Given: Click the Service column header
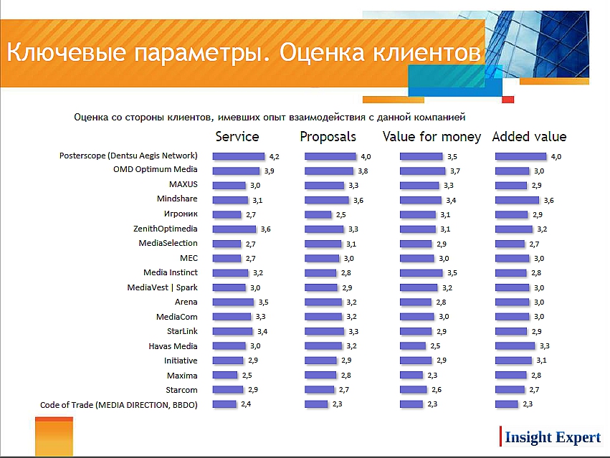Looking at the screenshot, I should (x=237, y=136).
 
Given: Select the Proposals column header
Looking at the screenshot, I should (x=328, y=136).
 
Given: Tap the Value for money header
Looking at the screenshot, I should (x=432, y=136).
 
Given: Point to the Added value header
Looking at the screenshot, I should (x=529, y=136).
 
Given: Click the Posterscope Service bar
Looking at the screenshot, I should (x=239, y=156).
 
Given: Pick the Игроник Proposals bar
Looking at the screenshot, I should (x=318, y=214).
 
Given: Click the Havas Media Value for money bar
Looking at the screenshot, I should (x=414, y=346).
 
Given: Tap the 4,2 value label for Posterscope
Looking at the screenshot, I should (x=273, y=156).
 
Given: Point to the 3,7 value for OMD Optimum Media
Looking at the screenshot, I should (x=454, y=171).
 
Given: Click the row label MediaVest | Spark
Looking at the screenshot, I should (x=163, y=287).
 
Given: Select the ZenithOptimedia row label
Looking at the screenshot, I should (x=166, y=229).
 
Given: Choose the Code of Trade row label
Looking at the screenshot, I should (x=119, y=405).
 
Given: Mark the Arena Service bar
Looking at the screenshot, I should (x=234, y=302).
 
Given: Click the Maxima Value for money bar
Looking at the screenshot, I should (x=412, y=376).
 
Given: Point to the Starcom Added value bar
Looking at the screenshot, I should (x=510, y=390).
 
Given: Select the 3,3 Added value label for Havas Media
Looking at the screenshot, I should (x=544, y=346).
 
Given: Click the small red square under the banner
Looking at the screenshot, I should (x=507, y=99).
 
